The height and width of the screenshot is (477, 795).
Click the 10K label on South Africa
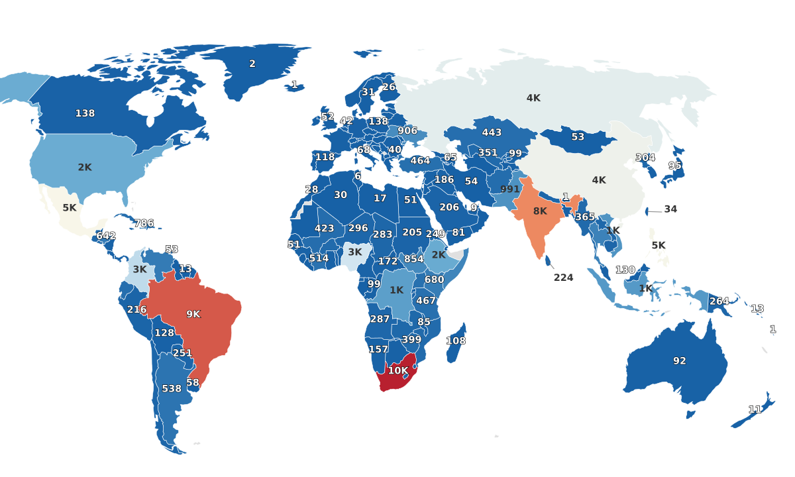(x=398, y=371)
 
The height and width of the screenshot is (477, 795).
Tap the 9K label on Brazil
(x=193, y=314)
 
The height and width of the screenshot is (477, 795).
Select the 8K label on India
(x=540, y=211)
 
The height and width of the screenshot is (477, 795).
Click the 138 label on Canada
(x=85, y=113)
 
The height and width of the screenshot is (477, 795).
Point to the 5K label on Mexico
(x=70, y=208)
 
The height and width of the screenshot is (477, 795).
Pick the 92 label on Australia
(x=680, y=361)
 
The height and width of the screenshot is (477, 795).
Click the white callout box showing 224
(x=563, y=278)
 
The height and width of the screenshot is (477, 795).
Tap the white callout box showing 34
(x=670, y=209)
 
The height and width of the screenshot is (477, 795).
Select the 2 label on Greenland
(x=252, y=64)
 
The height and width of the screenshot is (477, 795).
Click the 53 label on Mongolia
(x=578, y=137)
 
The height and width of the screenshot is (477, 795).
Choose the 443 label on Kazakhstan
(x=492, y=132)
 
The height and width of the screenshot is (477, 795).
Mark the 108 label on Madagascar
(x=456, y=341)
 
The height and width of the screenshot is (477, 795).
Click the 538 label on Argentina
(x=172, y=388)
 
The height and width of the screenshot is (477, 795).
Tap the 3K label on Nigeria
(x=355, y=252)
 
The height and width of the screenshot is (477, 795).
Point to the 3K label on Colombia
(x=140, y=270)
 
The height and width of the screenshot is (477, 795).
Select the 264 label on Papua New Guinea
(x=719, y=301)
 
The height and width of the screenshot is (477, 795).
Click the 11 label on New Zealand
(x=755, y=409)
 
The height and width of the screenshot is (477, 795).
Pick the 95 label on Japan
(x=675, y=166)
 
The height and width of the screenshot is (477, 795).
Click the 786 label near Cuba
(x=144, y=223)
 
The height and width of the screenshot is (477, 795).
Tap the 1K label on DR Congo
(x=396, y=290)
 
